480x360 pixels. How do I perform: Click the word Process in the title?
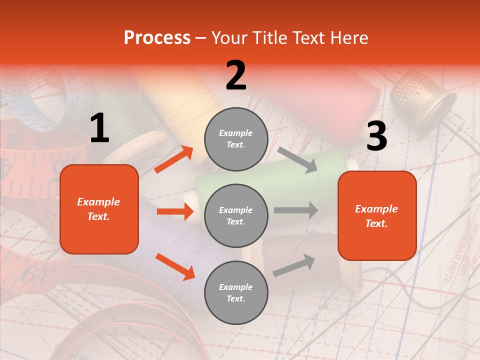[x=157, y=38]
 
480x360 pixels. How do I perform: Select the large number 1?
[x=99, y=128]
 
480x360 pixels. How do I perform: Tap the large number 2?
[x=236, y=75]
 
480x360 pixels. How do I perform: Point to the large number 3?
[x=376, y=136]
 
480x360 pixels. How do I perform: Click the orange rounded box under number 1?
[x=99, y=209]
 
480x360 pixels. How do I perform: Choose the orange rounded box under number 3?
[x=377, y=216]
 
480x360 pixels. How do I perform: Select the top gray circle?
[x=236, y=139]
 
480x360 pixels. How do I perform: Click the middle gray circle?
[x=236, y=216]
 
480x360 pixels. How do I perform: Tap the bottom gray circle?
[x=236, y=293]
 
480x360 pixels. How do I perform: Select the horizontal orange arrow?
[x=175, y=211]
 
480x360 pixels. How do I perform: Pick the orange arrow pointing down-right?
[x=175, y=266]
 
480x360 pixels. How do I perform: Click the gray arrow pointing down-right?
[x=297, y=160]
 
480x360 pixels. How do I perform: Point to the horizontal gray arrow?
[x=296, y=210]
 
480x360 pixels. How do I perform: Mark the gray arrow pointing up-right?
[x=294, y=265]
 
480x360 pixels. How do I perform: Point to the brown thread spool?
[x=300, y=250]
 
